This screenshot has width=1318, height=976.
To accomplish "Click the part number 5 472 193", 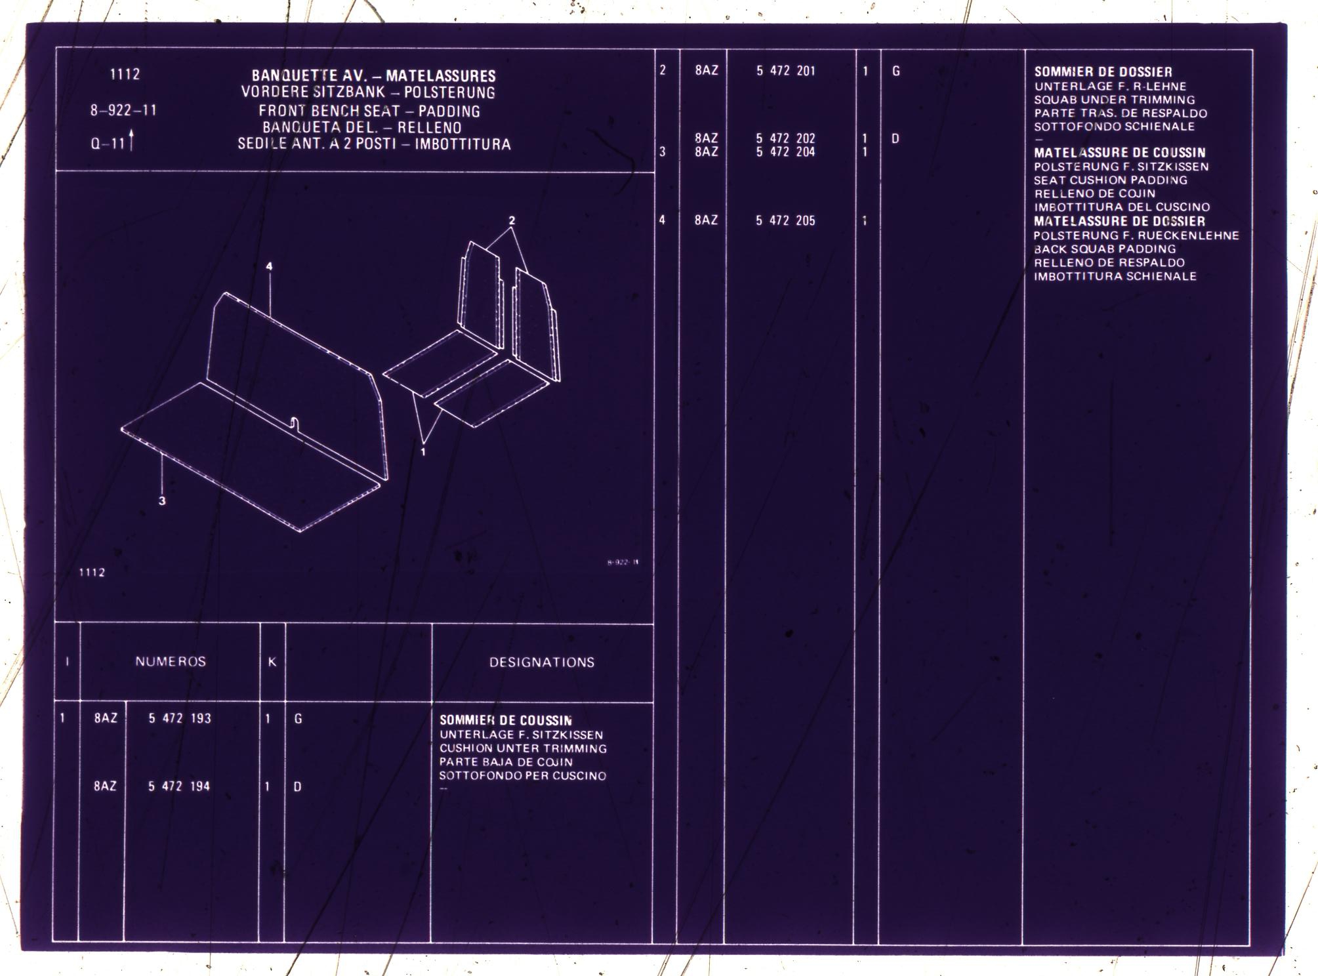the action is click(180, 718).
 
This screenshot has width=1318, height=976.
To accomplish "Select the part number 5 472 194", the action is click(179, 786).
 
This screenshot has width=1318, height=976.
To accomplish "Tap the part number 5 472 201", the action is click(786, 71).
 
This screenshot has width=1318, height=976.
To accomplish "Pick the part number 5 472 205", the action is click(785, 220).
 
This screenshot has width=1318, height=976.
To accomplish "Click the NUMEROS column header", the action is click(171, 662).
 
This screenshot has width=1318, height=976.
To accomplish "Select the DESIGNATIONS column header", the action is click(542, 662).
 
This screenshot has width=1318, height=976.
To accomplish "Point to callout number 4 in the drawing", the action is click(269, 266).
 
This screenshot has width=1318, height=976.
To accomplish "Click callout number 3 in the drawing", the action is click(162, 500).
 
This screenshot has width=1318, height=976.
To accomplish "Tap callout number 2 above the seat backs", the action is click(512, 220).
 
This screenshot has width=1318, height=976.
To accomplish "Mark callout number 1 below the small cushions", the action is click(423, 452).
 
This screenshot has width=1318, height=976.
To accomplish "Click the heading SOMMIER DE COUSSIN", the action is click(506, 720).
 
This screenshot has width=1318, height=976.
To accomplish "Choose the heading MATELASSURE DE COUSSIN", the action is click(1120, 153).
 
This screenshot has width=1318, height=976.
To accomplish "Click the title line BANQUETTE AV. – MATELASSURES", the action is click(374, 76).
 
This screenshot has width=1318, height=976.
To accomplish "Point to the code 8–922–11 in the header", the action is click(124, 110).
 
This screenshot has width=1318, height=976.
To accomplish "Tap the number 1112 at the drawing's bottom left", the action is click(92, 573).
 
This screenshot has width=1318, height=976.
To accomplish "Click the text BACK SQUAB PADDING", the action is click(1105, 249).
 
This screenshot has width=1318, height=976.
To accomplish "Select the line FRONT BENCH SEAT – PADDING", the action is click(369, 112).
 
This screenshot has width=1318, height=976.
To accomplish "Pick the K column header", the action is click(272, 662).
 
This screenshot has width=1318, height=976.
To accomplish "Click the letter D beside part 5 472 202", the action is click(895, 139).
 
